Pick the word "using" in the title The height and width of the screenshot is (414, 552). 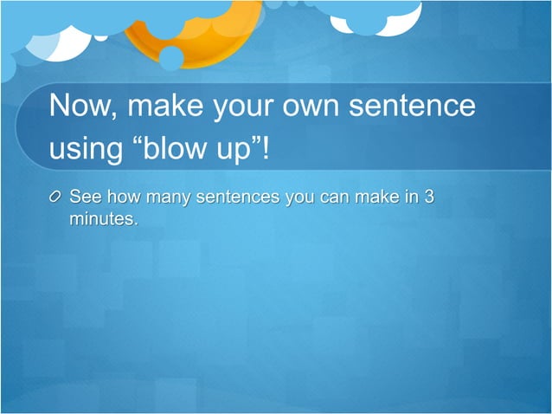point(86,150)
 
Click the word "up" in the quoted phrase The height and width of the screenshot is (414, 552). point(234,151)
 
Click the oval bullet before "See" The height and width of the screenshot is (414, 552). point(56,198)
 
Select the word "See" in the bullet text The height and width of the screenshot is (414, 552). point(86,197)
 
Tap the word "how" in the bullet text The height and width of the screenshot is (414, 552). point(123,197)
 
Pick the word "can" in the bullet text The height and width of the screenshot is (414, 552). point(333,197)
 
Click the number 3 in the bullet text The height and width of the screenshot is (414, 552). point(428,197)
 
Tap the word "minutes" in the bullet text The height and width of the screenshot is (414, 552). point(102,219)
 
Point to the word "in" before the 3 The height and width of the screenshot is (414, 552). point(408,197)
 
